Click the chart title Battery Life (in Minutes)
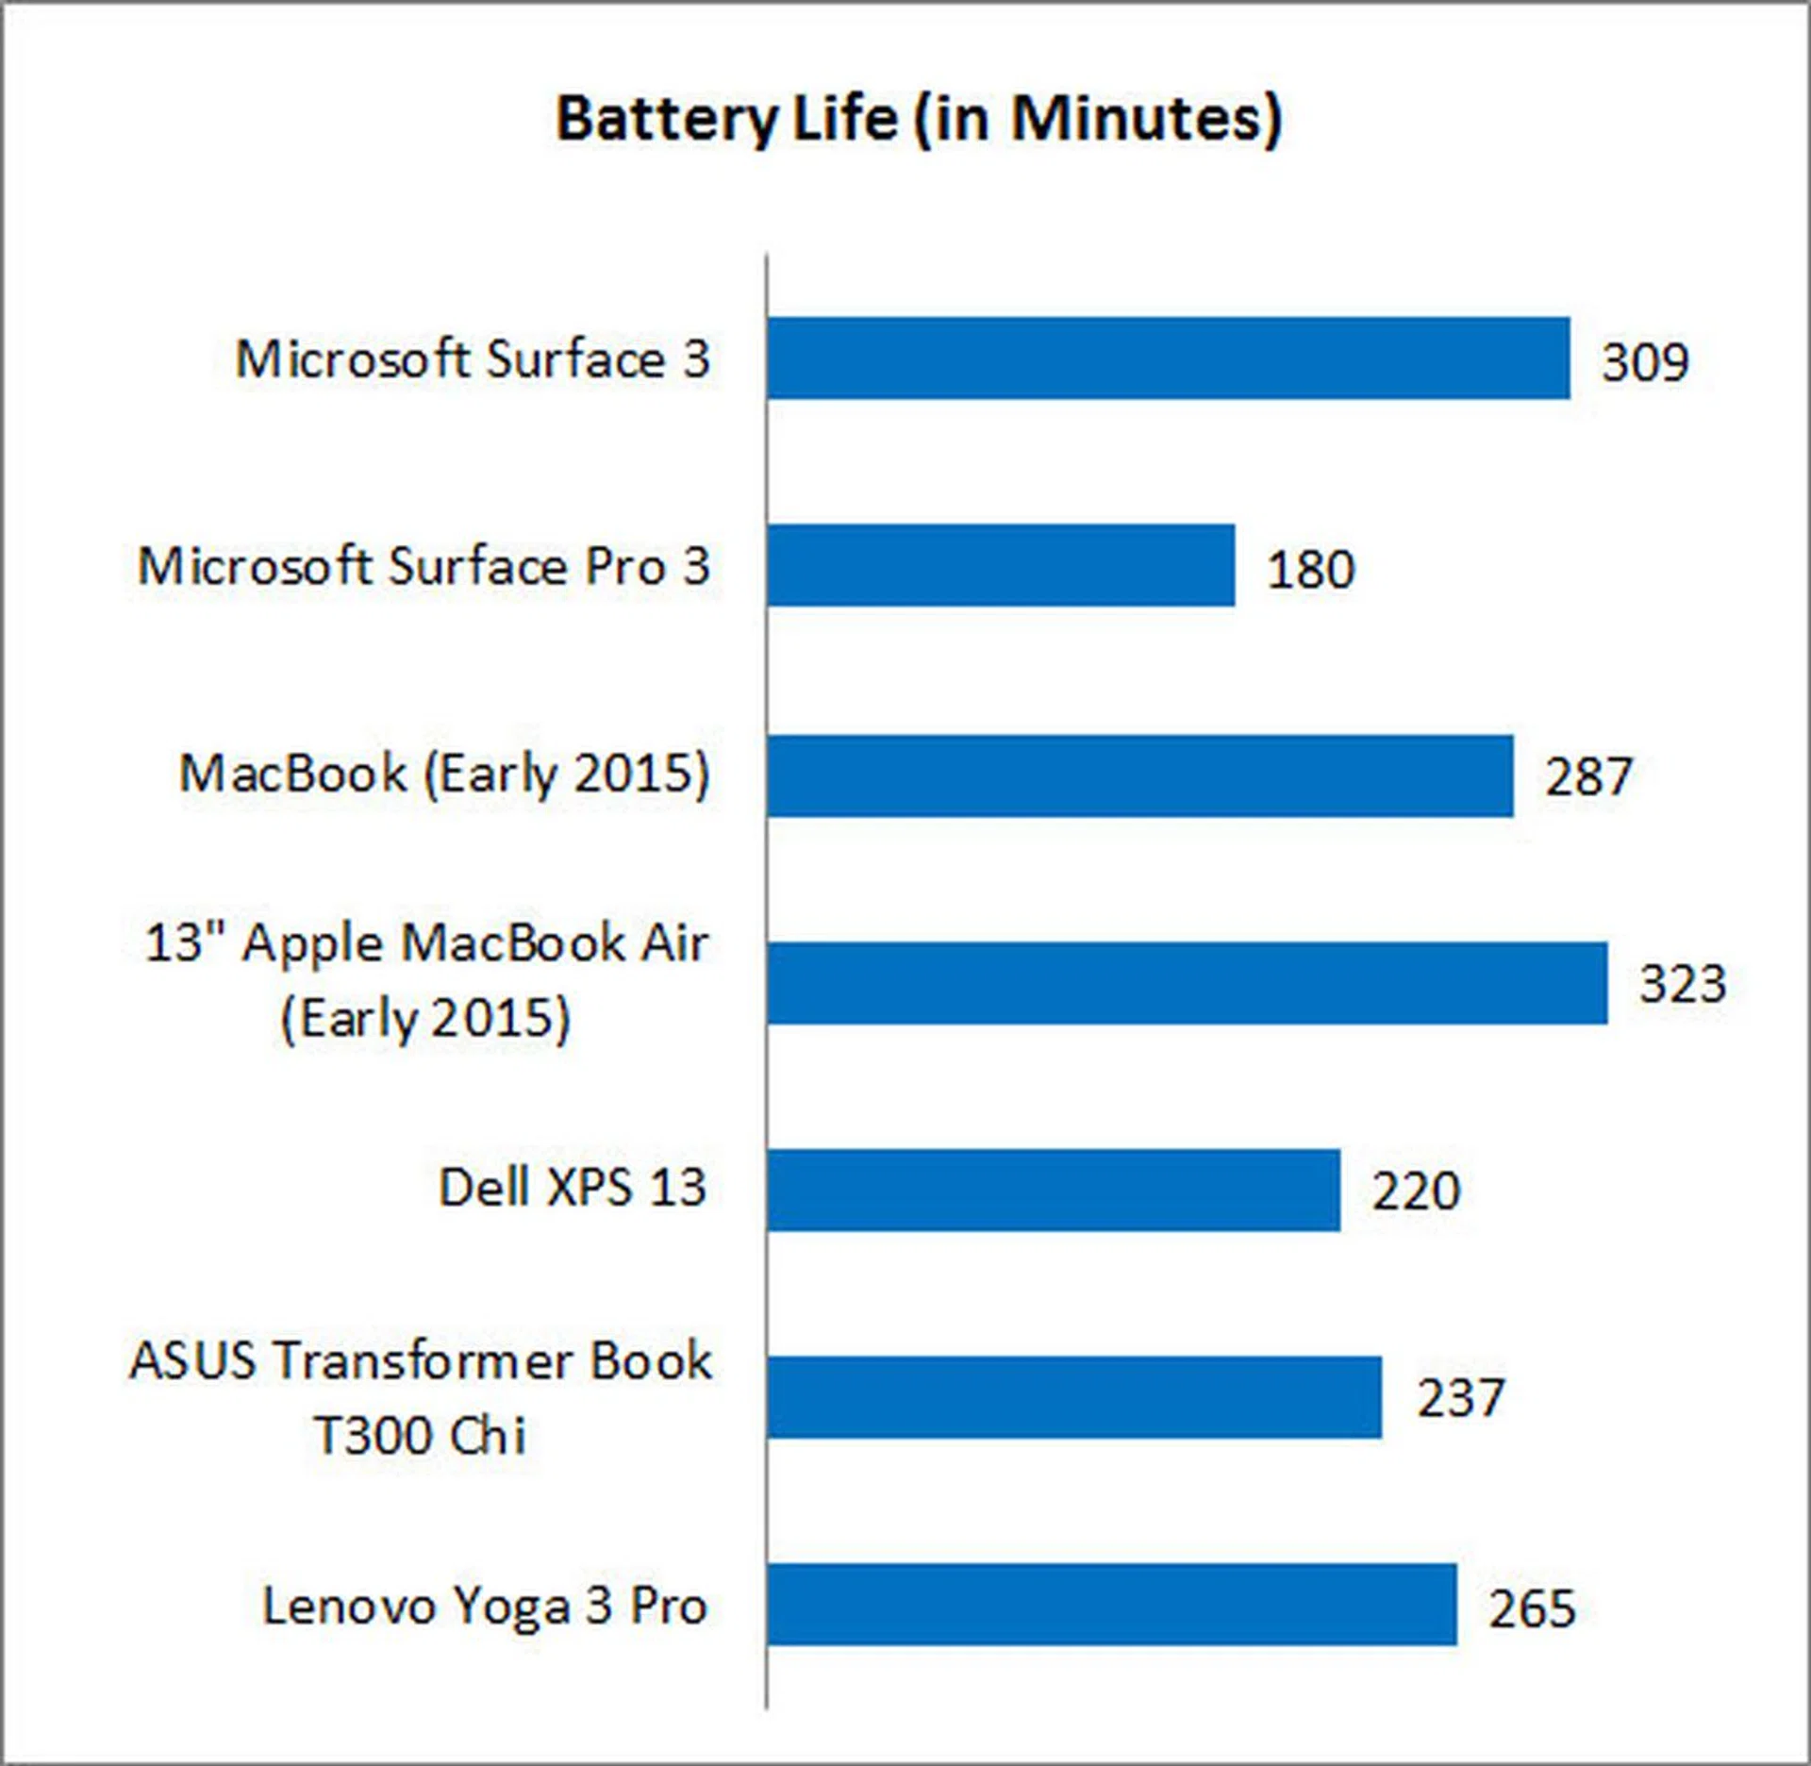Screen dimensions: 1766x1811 [919, 120]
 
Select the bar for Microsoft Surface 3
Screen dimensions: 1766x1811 [1168, 358]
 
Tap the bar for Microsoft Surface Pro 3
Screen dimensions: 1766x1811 [1001, 566]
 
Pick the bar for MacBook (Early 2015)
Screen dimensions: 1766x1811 [1139, 775]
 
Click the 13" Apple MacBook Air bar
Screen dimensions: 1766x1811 [1187, 983]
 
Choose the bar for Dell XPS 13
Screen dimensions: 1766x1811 [1053, 1191]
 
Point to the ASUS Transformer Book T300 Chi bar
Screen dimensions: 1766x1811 [1073, 1398]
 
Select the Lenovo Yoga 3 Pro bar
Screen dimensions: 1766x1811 [1111, 1606]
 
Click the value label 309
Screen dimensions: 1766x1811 [1645, 362]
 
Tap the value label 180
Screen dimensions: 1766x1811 [1310, 570]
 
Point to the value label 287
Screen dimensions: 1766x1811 [1588, 777]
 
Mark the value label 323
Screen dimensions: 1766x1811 [1683, 984]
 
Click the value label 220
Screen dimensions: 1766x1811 [1415, 1191]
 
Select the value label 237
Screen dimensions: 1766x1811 [1460, 1399]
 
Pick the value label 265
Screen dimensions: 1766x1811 [1532, 1608]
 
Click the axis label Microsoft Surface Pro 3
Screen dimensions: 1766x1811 [424, 567]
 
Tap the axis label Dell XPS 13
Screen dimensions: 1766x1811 [573, 1188]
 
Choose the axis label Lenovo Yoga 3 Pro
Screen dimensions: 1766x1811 [485, 1607]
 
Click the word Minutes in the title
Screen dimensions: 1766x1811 [1145, 120]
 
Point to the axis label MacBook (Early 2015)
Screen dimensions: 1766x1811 [444, 775]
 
